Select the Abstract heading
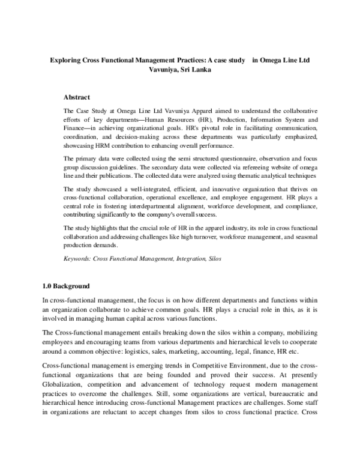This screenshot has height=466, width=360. (76, 97)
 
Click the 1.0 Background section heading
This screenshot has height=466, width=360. (66, 269)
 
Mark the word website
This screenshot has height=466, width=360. (284, 166)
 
